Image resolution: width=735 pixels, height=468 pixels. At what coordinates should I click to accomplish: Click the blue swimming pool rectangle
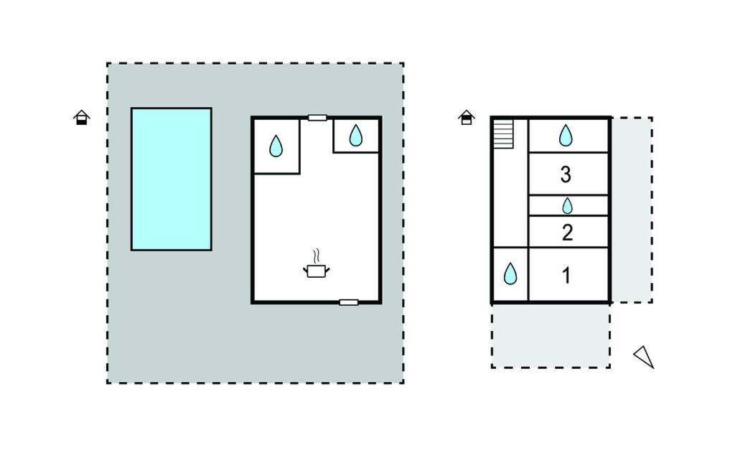click(172, 179)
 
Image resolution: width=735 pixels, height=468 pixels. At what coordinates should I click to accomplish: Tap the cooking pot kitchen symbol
click(317, 271)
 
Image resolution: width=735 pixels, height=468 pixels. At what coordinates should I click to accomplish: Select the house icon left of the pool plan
click(82, 117)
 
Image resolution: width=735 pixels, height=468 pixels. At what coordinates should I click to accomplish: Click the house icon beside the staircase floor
click(467, 117)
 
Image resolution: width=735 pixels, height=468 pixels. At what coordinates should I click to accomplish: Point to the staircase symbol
click(503, 134)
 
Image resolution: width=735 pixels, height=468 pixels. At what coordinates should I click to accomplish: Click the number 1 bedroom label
click(566, 275)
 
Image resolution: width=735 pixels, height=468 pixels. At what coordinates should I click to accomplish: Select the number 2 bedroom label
click(567, 233)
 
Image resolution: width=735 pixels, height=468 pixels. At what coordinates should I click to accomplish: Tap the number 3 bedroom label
click(566, 174)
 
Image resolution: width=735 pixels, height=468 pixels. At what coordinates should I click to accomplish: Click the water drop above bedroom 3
click(566, 135)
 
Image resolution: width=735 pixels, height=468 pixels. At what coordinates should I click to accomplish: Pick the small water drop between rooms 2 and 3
click(567, 206)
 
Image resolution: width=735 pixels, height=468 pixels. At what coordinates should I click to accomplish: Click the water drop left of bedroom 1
click(510, 274)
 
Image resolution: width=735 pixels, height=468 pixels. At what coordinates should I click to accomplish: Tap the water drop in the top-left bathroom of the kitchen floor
click(276, 146)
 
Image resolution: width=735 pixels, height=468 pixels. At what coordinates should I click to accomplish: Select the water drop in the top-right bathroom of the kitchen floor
click(356, 135)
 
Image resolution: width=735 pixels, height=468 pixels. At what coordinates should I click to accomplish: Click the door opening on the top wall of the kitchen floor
click(317, 118)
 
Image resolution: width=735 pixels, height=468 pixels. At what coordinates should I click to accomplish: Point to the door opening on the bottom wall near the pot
click(349, 302)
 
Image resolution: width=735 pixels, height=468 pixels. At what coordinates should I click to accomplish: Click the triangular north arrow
click(645, 357)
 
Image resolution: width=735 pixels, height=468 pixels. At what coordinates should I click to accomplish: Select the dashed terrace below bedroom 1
click(551, 336)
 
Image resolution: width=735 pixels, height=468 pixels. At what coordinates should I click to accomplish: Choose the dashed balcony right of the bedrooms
click(632, 210)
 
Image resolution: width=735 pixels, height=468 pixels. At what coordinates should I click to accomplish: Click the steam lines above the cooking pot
click(317, 256)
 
